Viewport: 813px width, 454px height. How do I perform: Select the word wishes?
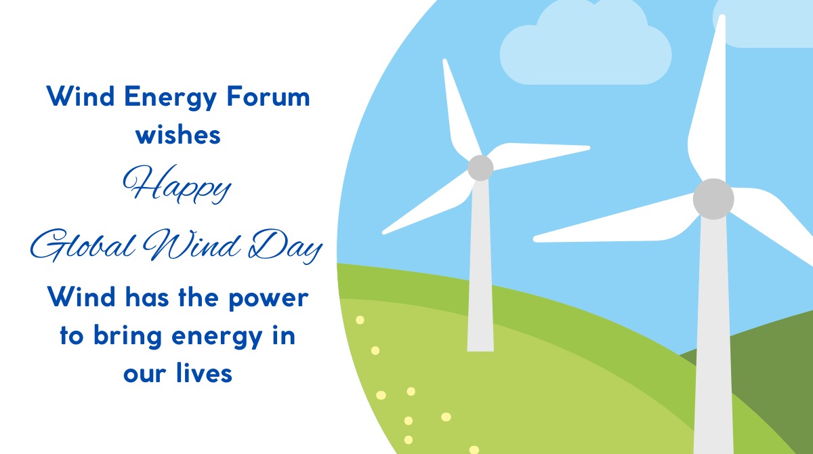(x=178, y=134)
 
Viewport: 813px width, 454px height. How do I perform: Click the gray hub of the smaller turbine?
(x=480, y=167)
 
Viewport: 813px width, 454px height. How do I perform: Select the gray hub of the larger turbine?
(x=713, y=199)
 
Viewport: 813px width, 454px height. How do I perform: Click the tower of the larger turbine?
(x=713, y=339)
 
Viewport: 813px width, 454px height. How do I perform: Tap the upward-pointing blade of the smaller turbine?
(x=460, y=108)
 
